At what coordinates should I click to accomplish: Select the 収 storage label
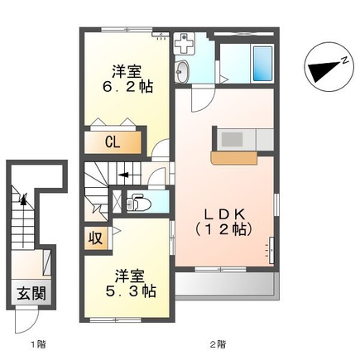point(96,239)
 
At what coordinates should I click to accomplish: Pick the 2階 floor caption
point(217,343)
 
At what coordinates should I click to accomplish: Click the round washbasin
point(184,71)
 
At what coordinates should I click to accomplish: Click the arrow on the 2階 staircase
point(122,175)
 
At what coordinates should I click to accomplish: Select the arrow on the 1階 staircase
point(24,197)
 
